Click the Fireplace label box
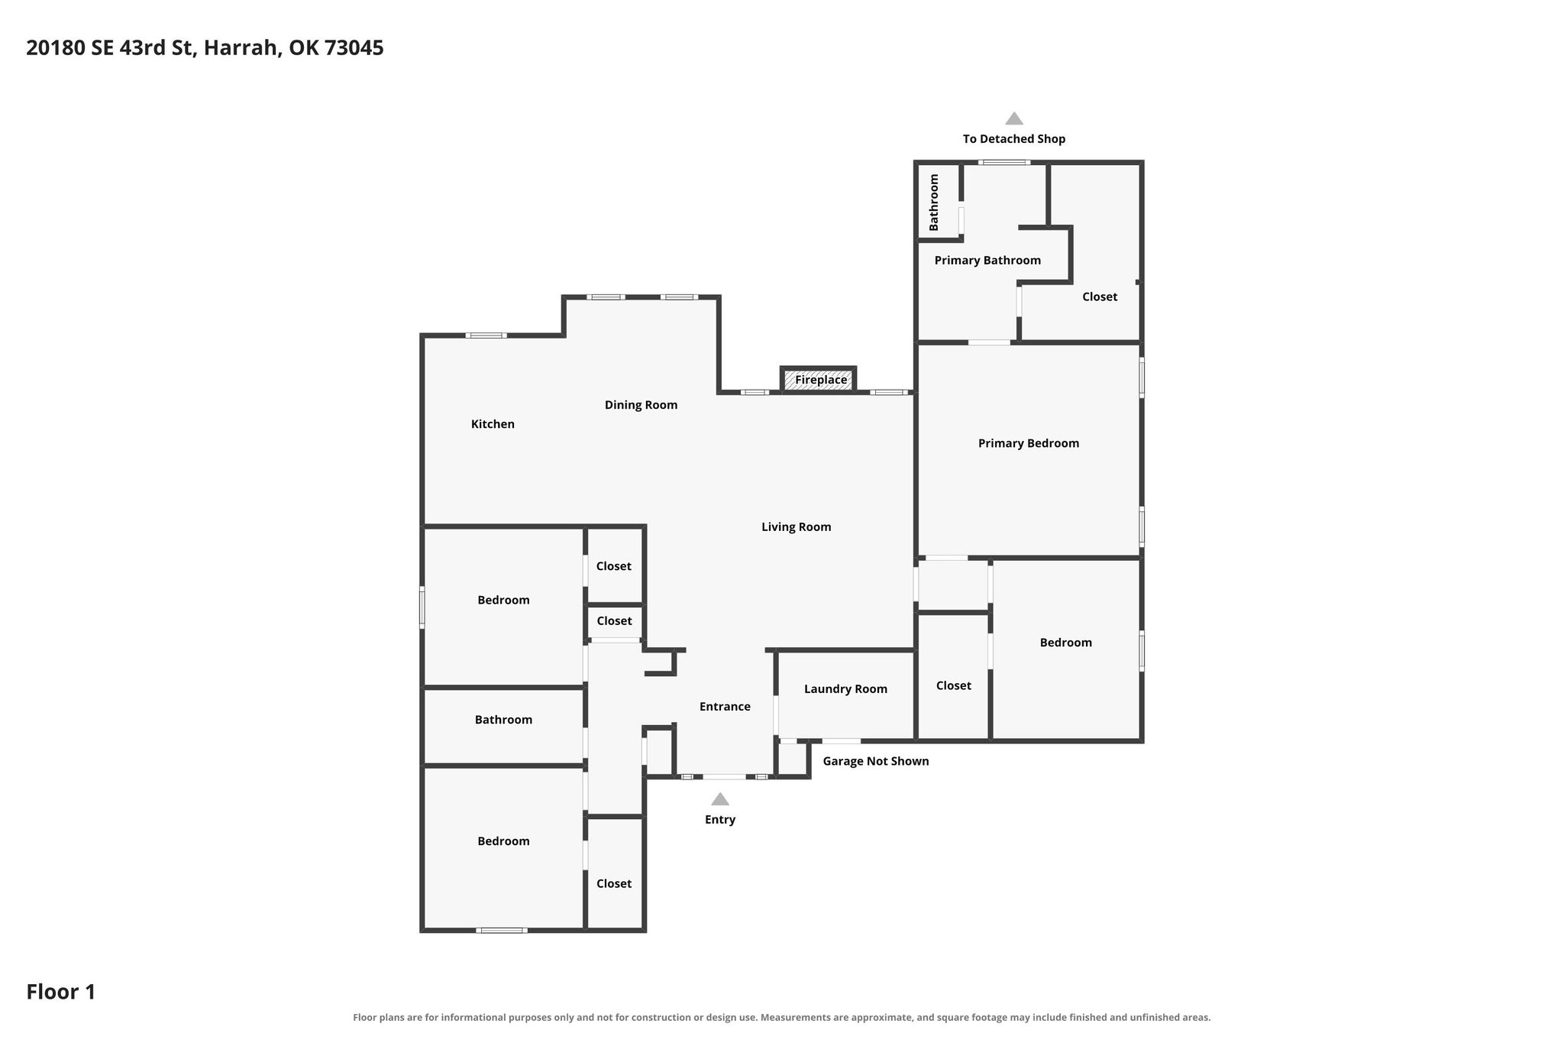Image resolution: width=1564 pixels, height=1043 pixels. tap(818, 380)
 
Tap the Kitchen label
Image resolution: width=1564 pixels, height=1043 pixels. tap(493, 424)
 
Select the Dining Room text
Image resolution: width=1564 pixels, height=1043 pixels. tap(641, 405)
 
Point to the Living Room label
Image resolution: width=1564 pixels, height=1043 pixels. tap(796, 526)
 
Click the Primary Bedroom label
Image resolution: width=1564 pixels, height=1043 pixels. tap(1028, 443)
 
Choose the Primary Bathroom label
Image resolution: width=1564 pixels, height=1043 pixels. tap(987, 261)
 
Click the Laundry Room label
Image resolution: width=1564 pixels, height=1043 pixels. tap(845, 689)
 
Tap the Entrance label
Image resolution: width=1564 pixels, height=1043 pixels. tap(725, 707)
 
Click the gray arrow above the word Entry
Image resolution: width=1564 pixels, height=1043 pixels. tap(719, 799)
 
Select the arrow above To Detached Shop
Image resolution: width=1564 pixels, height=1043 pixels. tap(1013, 118)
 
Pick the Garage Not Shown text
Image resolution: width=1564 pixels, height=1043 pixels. tap(875, 761)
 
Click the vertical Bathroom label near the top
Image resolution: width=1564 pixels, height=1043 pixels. tap(933, 202)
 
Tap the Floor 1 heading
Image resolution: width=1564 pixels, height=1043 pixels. tap(61, 992)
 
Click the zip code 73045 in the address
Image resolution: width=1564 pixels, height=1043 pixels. tap(354, 48)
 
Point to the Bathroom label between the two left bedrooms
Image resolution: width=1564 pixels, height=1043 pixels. tap(503, 720)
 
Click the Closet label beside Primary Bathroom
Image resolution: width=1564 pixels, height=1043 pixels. tap(1099, 297)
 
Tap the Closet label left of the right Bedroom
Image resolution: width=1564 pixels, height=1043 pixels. tap(953, 686)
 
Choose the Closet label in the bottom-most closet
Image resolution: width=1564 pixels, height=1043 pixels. tap(613, 884)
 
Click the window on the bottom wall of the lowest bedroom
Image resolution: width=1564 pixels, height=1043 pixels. tap(501, 930)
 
